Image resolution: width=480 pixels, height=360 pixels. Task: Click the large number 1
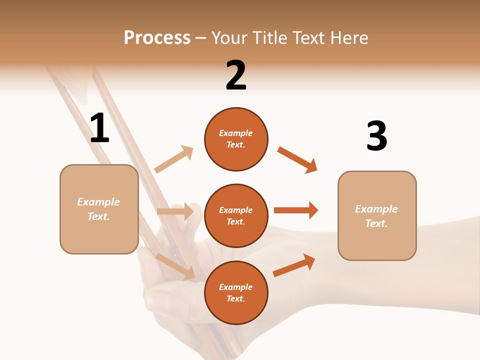pos(99,128)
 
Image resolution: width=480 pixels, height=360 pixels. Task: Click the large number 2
pos(236,75)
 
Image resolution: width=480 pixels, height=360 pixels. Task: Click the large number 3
pos(376,136)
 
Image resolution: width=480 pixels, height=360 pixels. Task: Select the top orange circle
pos(236,139)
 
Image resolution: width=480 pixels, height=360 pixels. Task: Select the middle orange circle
pos(236,215)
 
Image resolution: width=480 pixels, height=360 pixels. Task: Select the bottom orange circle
pos(236,292)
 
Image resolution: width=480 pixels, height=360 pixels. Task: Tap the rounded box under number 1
pos(99,209)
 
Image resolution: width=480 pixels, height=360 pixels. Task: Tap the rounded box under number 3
pos(377,215)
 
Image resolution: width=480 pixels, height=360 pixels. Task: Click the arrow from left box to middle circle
pos(175,211)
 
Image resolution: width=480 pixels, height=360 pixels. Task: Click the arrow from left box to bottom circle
pos(175,266)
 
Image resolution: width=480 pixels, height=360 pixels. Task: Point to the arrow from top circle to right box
pos(297,160)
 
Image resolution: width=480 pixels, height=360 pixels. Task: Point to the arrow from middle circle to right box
pos(296,210)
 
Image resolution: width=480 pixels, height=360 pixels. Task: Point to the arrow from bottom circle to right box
pos(294,265)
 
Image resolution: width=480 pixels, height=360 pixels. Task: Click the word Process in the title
pos(157,37)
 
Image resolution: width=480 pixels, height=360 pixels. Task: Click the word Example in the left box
pos(98,202)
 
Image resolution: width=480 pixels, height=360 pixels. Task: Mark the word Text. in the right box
pos(376,223)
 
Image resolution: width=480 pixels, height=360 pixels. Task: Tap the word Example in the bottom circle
pos(236,287)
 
